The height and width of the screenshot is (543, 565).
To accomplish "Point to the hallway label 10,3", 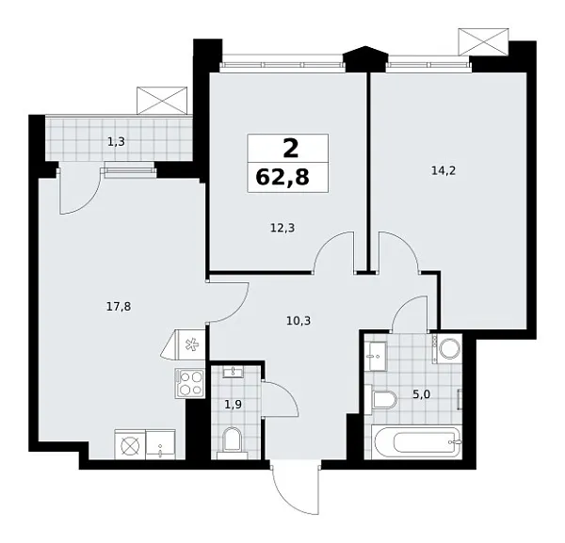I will click(298, 321).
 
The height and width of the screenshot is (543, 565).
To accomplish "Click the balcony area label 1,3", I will click(115, 142).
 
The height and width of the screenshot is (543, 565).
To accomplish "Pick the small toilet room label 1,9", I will click(231, 406).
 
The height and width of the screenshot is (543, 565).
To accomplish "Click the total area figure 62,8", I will click(288, 176).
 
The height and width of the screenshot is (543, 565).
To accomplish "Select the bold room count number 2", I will click(288, 148).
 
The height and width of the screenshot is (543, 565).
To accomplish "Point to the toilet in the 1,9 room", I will click(232, 439).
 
